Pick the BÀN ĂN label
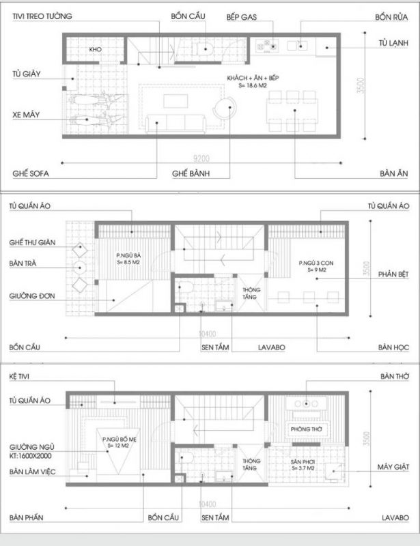click(394, 174)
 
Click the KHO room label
click(96, 51)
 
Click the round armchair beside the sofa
click(223, 109)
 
